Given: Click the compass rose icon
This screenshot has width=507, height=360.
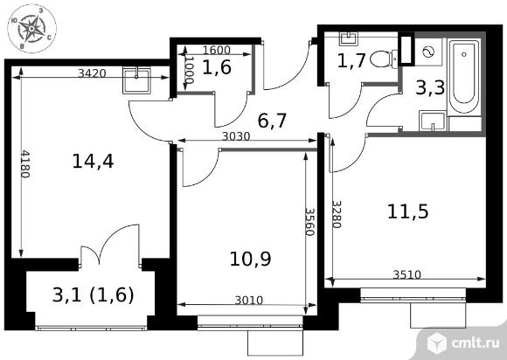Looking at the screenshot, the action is pyautogui.click(x=31, y=29).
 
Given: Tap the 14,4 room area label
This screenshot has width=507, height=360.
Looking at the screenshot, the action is pyautogui.click(x=93, y=162).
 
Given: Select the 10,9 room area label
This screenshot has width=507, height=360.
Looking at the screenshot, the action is pyautogui.click(x=250, y=259).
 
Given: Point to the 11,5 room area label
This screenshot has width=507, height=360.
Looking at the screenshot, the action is pyautogui.click(x=407, y=211).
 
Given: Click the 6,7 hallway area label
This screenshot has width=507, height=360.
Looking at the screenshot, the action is pyautogui.click(x=272, y=121).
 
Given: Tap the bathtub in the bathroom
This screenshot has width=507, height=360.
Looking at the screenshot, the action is pyautogui.click(x=464, y=76).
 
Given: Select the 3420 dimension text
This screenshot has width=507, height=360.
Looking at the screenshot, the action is pyautogui.click(x=92, y=73).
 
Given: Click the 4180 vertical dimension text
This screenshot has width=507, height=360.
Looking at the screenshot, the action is pyautogui.click(x=25, y=164).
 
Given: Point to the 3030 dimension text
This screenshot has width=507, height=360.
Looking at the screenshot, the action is pyautogui.click(x=236, y=136).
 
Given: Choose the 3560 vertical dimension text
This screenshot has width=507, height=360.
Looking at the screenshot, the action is pyautogui.click(x=310, y=222).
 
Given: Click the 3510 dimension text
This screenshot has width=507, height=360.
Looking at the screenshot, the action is pyautogui.click(x=407, y=274).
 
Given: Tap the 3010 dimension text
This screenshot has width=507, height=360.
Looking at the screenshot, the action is pyautogui.click(x=249, y=301).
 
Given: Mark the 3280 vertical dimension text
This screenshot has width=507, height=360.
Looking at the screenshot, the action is pyautogui.click(x=337, y=214).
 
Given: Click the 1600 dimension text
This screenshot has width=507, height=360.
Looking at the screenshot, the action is pyautogui.click(x=216, y=50).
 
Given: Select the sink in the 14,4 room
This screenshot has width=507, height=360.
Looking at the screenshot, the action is pyautogui.click(x=136, y=80).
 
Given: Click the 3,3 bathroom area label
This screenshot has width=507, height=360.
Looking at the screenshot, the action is pyautogui.click(x=430, y=88).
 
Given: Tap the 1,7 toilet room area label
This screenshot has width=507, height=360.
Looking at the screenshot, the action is pyautogui.click(x=351, y=60).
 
